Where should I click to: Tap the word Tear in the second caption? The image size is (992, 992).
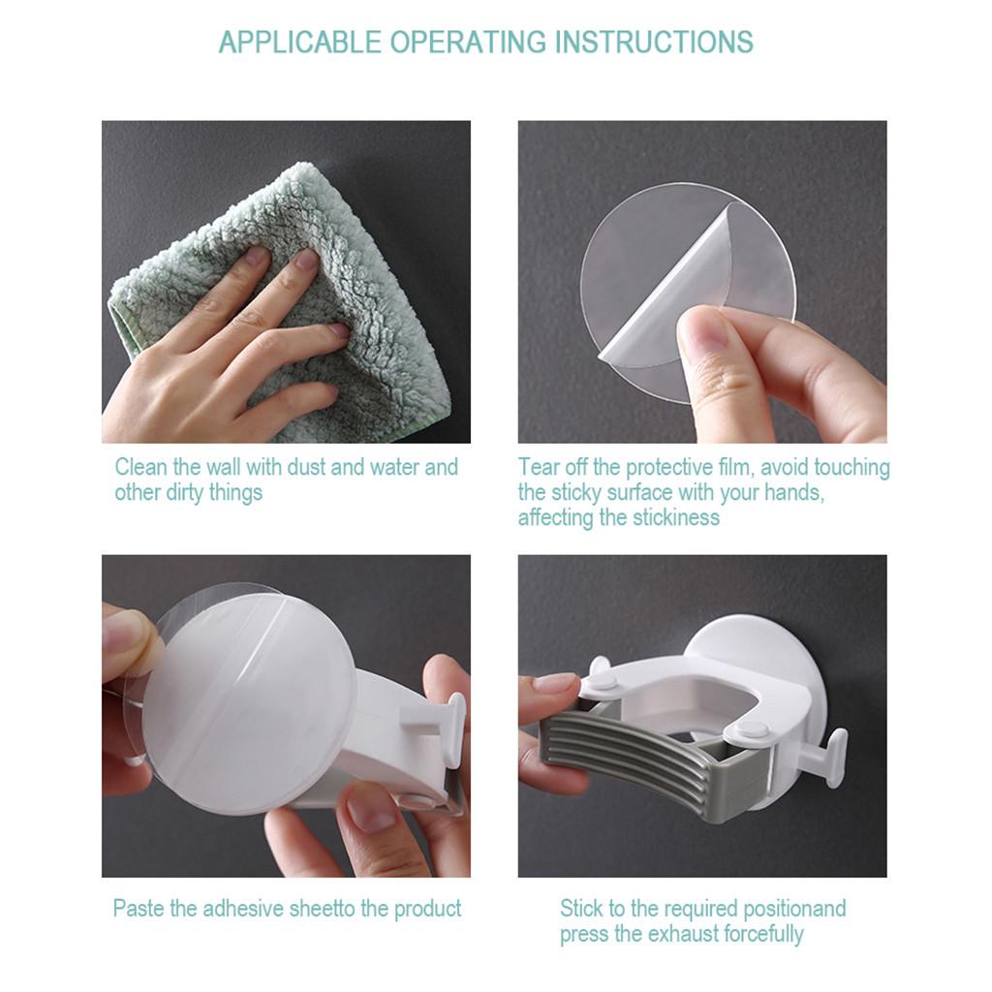point(537,467)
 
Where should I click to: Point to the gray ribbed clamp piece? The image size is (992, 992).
point(630,765)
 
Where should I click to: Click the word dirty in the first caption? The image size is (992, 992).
point(188,492)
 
